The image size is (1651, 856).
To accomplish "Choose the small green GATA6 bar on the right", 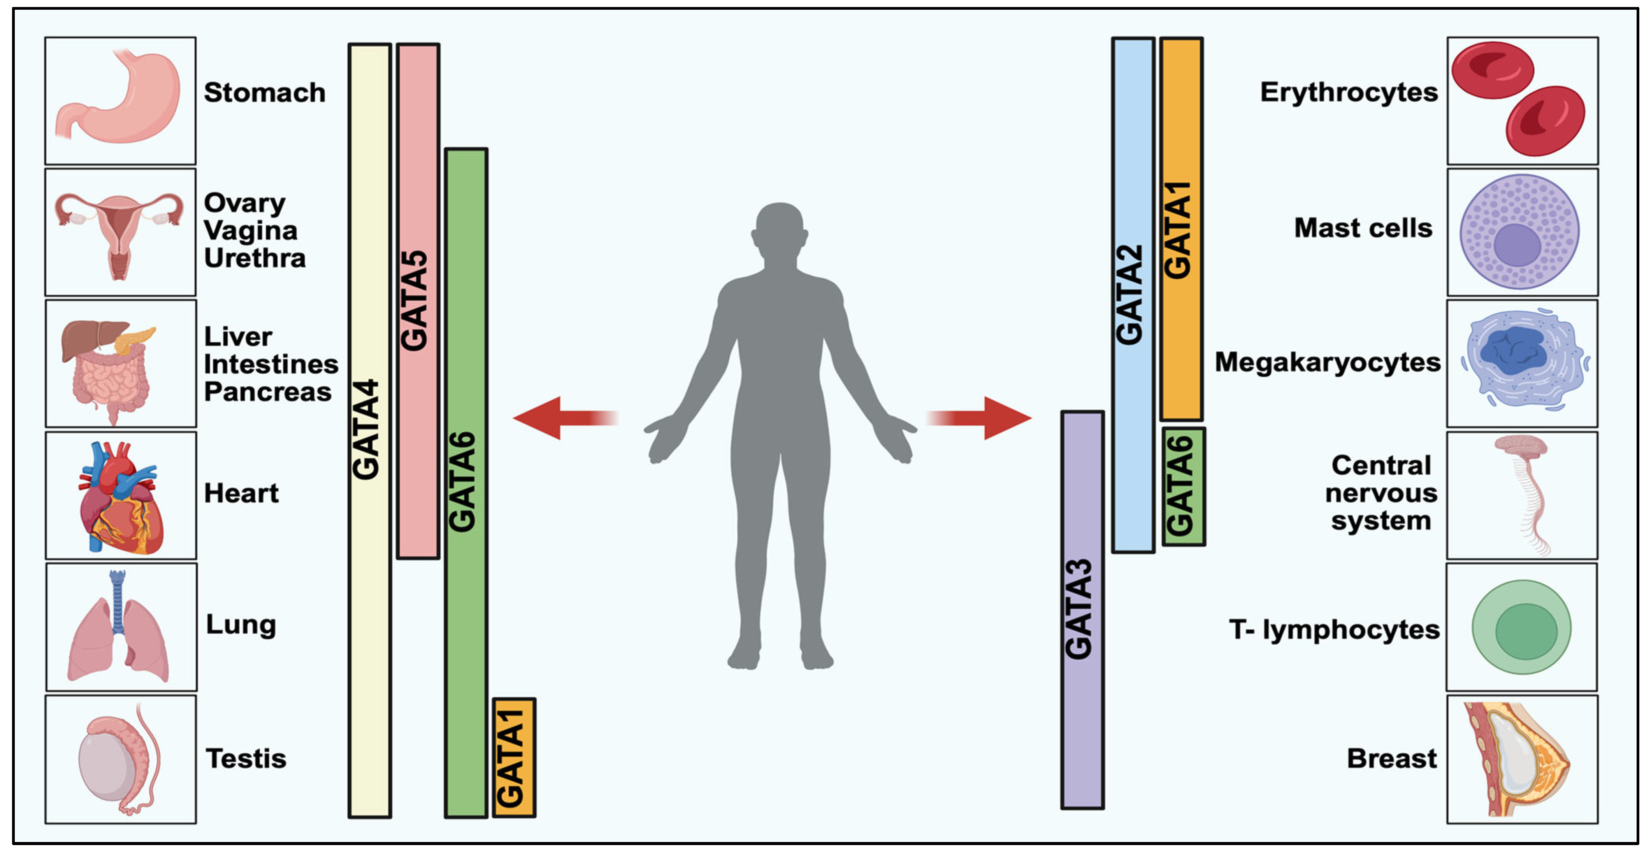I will [1183, 486].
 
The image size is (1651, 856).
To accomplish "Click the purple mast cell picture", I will [1519, 231].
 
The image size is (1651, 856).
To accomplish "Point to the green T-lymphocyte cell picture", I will [1521, 628].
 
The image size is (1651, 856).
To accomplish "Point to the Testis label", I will [246, 759].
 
